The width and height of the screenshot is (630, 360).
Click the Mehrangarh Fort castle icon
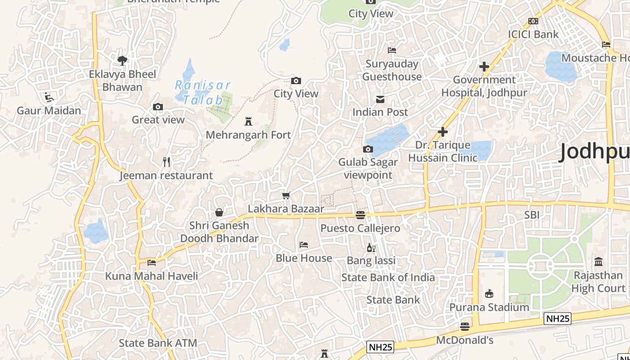point(248,121)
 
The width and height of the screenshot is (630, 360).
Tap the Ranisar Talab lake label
point(203,92)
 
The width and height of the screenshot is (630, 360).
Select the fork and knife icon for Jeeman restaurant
point(166,162)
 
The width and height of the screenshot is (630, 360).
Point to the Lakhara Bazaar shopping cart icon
point(286,195)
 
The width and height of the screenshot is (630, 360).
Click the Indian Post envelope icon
point(380,99)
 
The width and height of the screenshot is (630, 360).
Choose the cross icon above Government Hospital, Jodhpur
point(484,67)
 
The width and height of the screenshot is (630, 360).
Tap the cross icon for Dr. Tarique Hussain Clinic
point(443,132)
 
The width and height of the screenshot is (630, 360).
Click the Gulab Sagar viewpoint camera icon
point(368,149)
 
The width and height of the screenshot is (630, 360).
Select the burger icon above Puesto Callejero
point(360,215)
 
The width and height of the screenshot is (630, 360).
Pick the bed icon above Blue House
point(304,245)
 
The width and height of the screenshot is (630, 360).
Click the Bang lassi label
point(371,261)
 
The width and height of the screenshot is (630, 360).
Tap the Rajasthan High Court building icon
point(598,261)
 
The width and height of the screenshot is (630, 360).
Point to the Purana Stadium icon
point(489,294)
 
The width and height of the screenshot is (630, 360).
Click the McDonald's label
point(465,340)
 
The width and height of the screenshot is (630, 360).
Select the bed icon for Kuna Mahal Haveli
point(152,262)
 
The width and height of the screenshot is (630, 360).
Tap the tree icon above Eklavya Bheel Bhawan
point(122,60)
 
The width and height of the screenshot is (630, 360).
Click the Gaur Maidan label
point(49,111)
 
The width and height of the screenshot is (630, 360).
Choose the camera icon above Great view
point(158,107)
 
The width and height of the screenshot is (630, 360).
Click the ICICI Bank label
point(533,34)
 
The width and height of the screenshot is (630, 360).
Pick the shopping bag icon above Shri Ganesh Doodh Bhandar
point(219,212)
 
